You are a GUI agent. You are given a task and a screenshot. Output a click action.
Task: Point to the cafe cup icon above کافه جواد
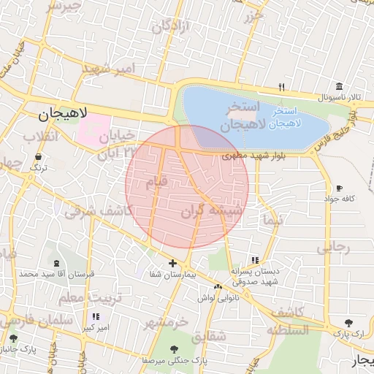coord(339,188)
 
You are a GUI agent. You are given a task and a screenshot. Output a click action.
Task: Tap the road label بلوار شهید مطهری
coord(251,156)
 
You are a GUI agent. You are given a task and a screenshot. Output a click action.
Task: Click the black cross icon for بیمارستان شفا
coord(172,263)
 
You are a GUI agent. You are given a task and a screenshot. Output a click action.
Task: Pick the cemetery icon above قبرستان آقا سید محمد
coord(57,262)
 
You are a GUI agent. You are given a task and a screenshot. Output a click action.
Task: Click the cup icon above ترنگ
coord(37,156)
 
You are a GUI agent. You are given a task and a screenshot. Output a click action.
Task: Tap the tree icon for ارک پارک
coord(348,322)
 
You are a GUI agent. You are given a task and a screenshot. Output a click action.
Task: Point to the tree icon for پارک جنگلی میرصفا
coord(174,349)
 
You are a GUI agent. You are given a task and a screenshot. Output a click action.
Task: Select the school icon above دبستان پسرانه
coord(254,260)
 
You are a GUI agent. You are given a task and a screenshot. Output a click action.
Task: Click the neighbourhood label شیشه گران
coord(211,211)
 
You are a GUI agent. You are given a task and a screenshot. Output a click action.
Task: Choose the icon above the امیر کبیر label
coord(95,317)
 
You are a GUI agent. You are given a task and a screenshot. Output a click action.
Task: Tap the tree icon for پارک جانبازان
coord(13,338)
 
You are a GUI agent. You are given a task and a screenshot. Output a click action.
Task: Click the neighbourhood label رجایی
coord(333,248)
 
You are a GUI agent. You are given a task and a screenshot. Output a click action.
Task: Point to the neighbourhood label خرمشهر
coord(166,322)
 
